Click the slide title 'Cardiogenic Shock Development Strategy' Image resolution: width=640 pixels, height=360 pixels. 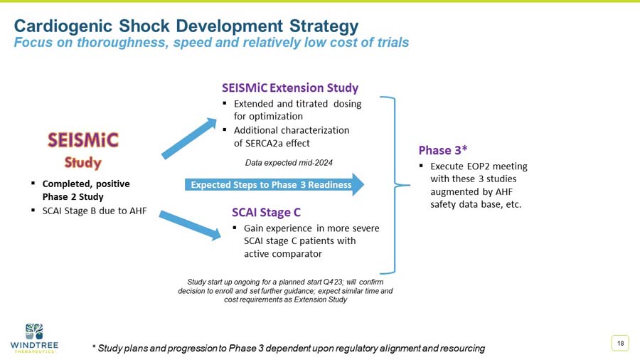(186, 26)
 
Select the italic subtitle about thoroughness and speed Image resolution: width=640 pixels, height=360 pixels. (212, 43)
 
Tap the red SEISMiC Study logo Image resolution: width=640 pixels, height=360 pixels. (83, 149)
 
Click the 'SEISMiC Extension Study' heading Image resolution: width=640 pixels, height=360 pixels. (289, 88)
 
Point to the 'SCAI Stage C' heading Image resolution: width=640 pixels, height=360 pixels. (266, 212)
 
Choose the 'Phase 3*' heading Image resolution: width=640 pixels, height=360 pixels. (442, 149)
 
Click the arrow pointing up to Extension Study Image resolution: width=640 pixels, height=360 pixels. (189, 138)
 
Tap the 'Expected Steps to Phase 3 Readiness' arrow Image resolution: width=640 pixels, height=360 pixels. (274, 185)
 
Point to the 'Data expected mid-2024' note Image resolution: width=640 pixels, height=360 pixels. (289, 162)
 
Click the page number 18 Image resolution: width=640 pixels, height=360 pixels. (620, 344)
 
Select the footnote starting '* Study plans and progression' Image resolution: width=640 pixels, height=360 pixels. (289, 348)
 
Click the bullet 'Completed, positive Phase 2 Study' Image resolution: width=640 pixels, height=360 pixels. (85, 190)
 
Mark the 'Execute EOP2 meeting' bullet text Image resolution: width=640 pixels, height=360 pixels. (479, 166)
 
